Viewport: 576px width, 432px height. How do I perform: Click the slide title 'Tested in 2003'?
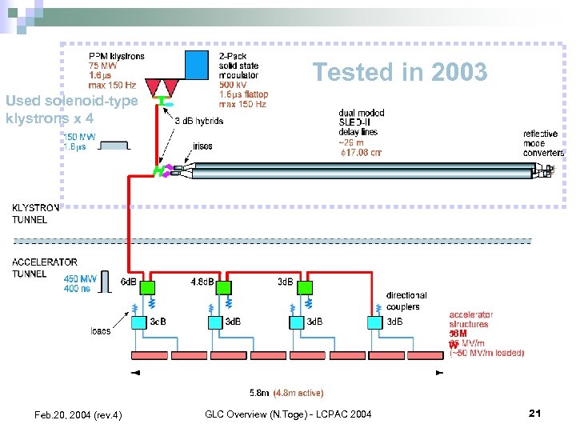click(x=399, y=73)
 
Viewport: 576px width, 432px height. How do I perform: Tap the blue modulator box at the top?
click(x=196, y=64)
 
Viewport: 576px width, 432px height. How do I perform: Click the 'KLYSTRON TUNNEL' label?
click(x=35, y=214)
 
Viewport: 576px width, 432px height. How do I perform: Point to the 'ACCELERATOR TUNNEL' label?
click(x=45, y=267)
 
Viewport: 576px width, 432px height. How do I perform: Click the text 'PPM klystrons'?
click(x=117, y=56)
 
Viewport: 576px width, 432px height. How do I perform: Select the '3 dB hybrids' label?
click(x=198, y=121)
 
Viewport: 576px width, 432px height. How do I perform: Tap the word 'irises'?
click(x=202, y=146)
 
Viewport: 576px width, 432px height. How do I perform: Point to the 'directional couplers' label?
click(x=406, y=301)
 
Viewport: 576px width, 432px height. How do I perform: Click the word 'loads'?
click(x=101, y=330)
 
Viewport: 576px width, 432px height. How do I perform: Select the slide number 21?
click(x=535, y=413)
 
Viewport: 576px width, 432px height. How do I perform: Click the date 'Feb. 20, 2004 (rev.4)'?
click(x=78, y=414)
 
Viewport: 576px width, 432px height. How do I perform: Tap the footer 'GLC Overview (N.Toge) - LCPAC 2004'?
click(x=288, y=414)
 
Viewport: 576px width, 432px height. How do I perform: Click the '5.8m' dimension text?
click(x=259, y=393)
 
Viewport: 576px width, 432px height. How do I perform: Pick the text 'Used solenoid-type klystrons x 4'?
click(x=70, y=109)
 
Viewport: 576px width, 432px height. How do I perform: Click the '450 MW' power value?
click(x=82, y=278)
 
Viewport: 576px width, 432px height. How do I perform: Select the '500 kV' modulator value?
click(x=234, y=85)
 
